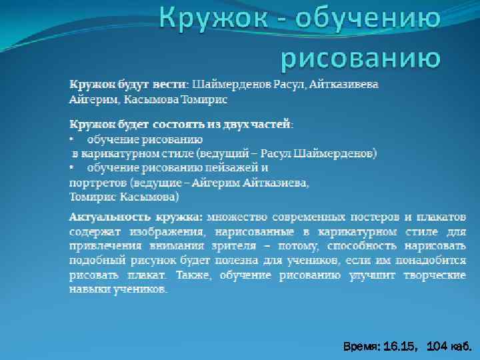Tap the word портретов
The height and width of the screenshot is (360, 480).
(99, 182)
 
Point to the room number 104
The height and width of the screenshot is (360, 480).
(436, 347)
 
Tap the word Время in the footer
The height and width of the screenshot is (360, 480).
(361, 347)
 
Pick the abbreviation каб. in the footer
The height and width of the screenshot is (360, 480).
(461, 347)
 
